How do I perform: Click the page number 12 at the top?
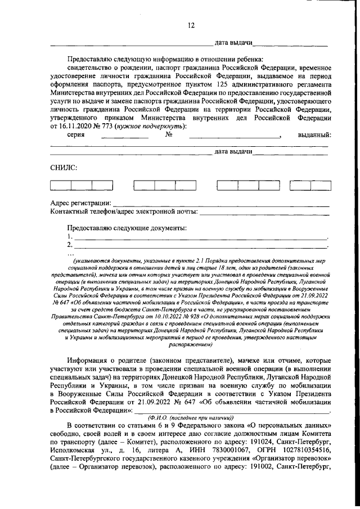pyautogui.click(x=191, y=25)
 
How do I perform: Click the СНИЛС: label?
pyautogui.click(x=63, y=167)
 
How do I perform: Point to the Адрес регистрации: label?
pyautogui.click(x=81, y=202)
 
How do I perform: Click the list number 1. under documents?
pyautogui.click(x=69, y=237)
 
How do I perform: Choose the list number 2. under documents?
pyautogui.click(x=69, y=245)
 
